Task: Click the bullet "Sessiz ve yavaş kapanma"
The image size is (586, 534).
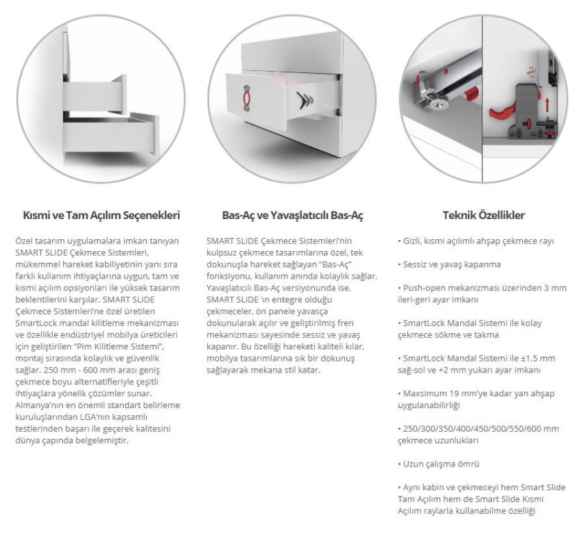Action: [451, 264]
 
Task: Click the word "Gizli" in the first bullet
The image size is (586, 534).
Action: [414, 241]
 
